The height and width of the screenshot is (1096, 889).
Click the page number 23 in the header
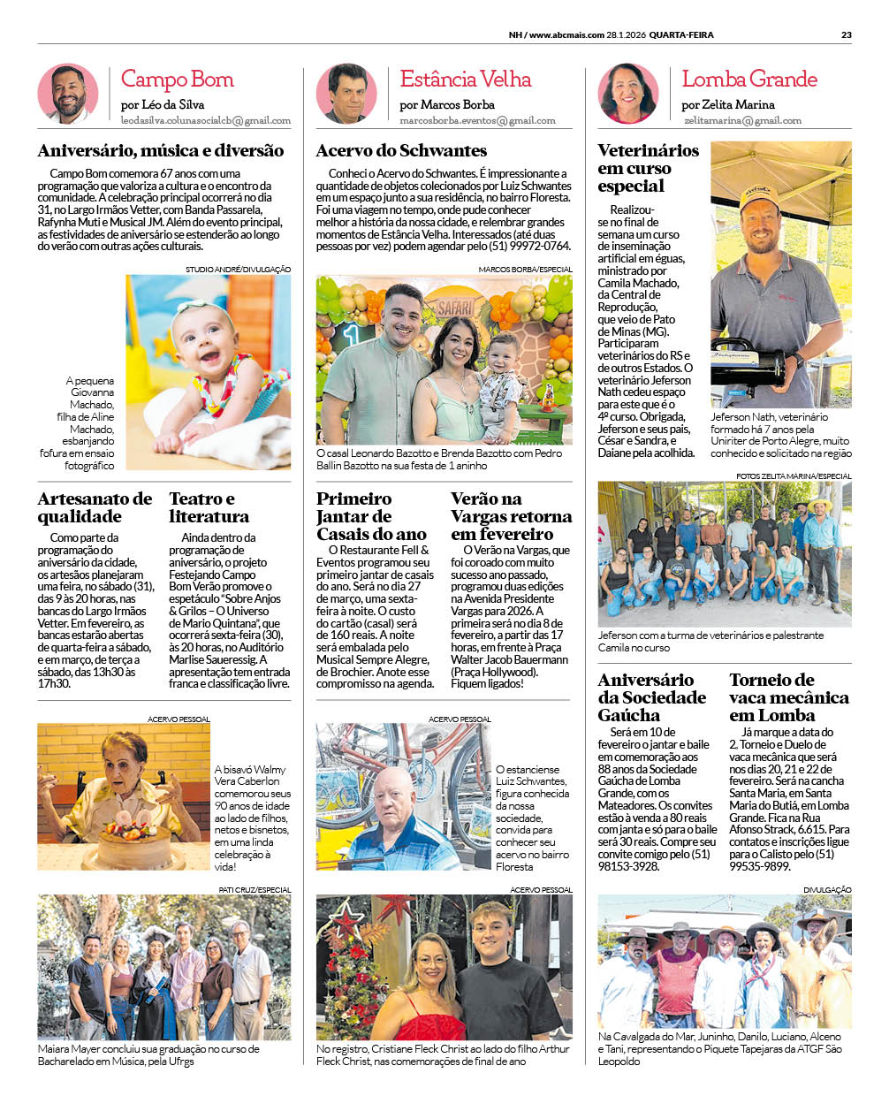click(846, 35)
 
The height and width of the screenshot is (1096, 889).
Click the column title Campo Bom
click(177, 80)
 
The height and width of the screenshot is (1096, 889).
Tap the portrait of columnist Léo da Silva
click(68, 93)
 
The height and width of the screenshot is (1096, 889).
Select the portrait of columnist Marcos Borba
click(346, 93)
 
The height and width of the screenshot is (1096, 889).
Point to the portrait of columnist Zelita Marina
click(628, 93)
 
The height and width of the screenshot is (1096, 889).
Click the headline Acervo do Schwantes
click(401, 151)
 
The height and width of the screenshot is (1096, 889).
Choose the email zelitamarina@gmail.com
click(741, 120)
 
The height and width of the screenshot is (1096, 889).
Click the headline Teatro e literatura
click(209, 507)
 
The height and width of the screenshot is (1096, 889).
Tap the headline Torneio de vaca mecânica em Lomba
click(788, 697)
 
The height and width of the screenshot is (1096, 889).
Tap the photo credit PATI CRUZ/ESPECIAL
click(255, 889)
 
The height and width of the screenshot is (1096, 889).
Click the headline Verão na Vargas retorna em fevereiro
click(511, 516)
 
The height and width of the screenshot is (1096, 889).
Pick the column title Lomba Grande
click(749, 80)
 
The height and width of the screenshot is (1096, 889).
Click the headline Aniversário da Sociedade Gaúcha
click(652, 697)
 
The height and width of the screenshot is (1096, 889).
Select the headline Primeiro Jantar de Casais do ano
click(371, 516)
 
